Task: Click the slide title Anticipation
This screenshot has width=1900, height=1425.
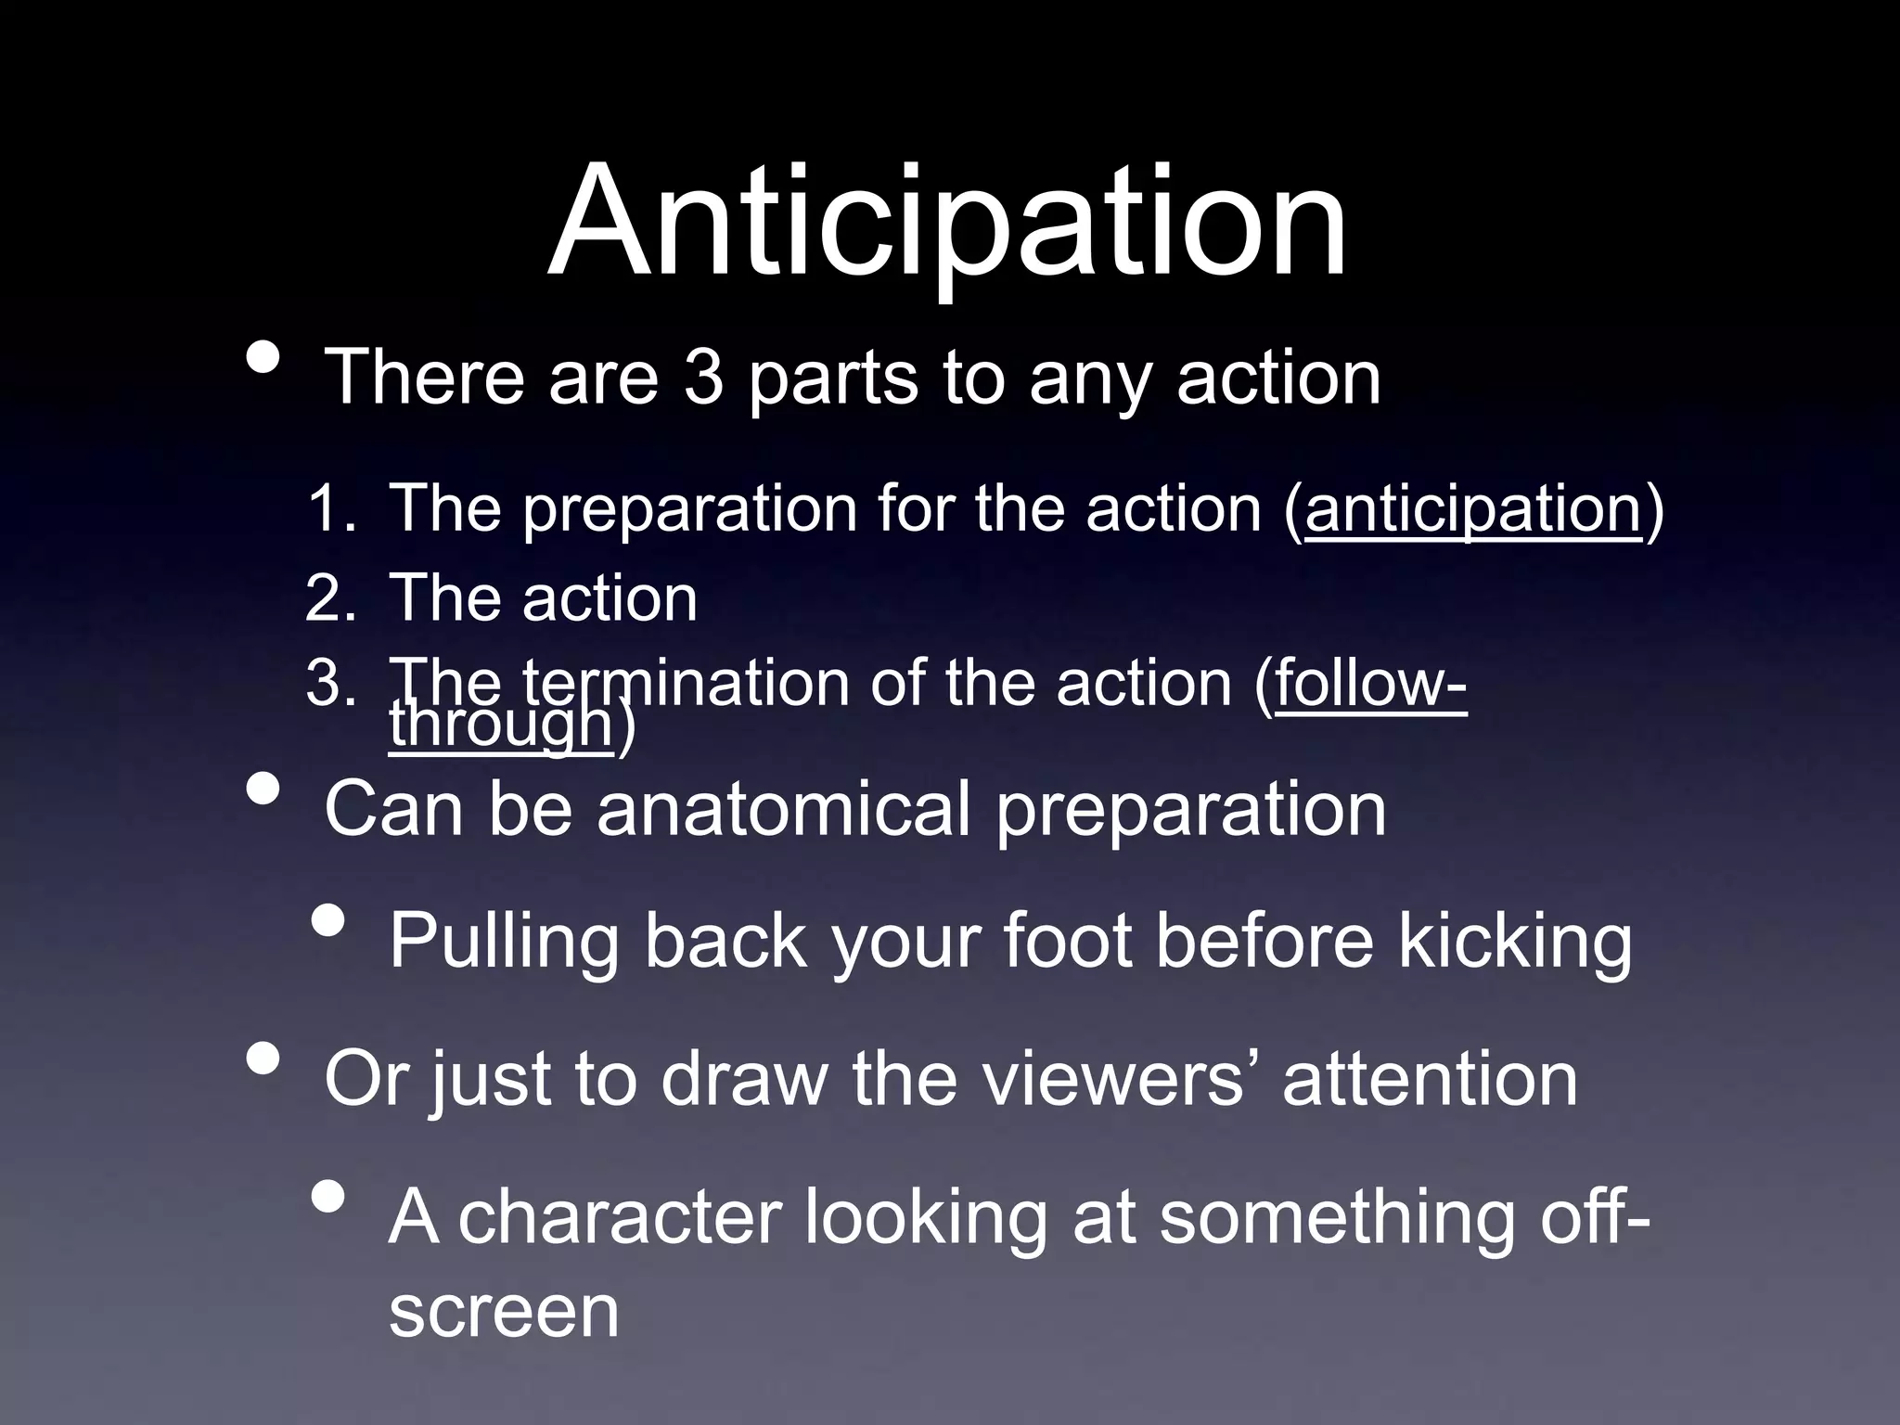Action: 946,223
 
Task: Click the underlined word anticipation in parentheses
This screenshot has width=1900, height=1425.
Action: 1473,508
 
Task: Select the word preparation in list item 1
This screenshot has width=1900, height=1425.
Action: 690,510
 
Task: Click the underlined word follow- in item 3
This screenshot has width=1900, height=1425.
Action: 1371,684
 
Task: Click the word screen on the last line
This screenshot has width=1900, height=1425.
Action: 504,1312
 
